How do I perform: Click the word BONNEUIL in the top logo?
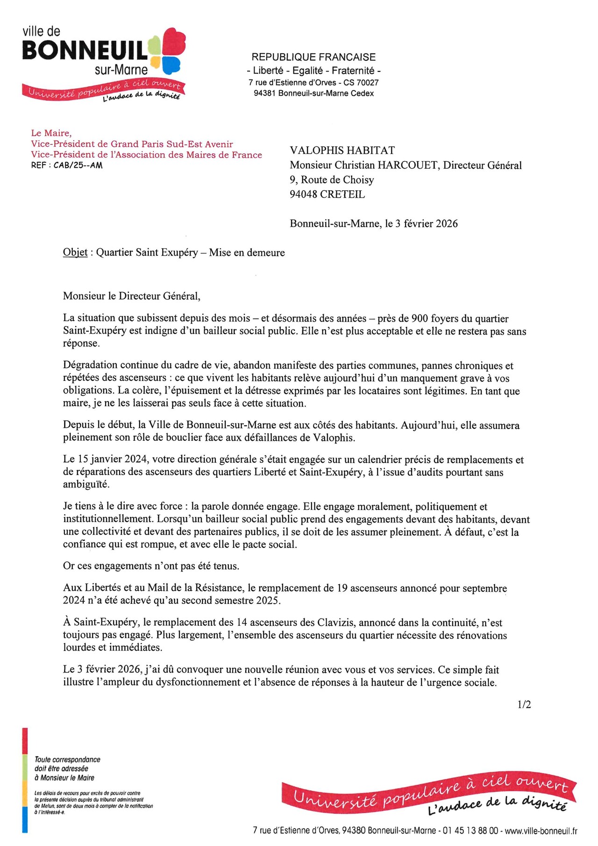[85, 50]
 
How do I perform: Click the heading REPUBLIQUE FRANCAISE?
[313, 57]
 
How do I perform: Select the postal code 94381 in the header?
[265, 93]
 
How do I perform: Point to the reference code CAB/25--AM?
[78, 165]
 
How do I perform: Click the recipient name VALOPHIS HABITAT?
[342, 151]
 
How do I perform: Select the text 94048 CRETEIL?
[327, 194]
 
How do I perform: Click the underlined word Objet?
[75, 252]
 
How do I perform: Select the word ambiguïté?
[86, 484]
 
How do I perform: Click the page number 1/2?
[524, 704]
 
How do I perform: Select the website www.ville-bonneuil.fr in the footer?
[541, 831]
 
